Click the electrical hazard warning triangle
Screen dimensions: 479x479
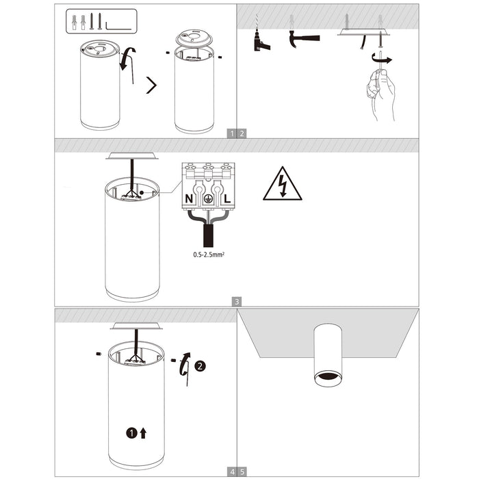pos(282,185)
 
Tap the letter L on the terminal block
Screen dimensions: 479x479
pos(225,198)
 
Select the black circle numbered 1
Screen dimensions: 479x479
pos(131,432)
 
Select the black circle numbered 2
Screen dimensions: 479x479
pos(199,366)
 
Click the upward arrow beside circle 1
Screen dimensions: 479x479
pos(143,432)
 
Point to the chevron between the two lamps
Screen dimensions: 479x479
pos(152,86)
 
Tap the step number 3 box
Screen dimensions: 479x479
pos(236,301)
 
